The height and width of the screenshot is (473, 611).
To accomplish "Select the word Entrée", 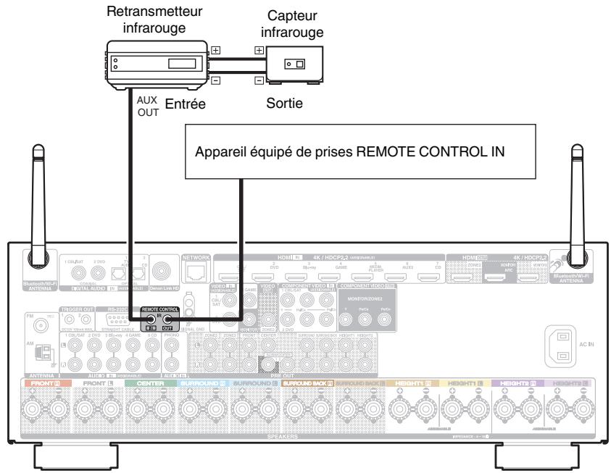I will pos(186,104).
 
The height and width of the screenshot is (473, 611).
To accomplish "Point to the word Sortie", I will pos(285,104).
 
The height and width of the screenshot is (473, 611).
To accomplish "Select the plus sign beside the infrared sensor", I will pos(258,51).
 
